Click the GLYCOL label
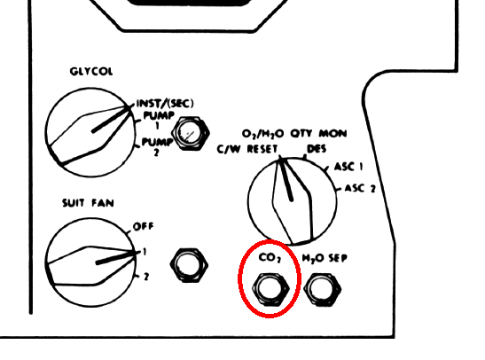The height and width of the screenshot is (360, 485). pos(91,72)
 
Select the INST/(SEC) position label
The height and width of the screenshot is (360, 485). pos(165,103)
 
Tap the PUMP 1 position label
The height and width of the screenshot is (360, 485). pos(158,120)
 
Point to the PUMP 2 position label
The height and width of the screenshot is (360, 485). pos(157,146)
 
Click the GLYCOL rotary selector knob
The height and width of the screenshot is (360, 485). pos(90,132)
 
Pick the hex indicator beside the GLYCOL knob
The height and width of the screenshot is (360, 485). pos(190,134)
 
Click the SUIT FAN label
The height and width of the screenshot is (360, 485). pos(88,203)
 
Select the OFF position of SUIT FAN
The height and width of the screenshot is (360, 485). pos(144,226)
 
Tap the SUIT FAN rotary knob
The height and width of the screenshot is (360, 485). pos(90,262)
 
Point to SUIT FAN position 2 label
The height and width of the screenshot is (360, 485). pos(146,277)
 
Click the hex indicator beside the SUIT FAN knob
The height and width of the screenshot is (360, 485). pos(189,265)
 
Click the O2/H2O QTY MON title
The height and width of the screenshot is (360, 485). pos(294,134)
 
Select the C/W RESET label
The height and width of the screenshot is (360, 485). pos(247,149)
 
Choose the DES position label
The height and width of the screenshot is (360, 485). pos(317,149)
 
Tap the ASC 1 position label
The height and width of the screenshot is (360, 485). pos(348,167)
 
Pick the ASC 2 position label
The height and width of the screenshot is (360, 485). pos(360,188)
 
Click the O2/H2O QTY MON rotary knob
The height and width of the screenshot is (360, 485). pos(293,201)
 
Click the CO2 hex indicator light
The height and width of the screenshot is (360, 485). pos(270,290)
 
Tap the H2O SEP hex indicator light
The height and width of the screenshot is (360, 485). pos(323,290)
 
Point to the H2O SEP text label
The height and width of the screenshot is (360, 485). pos(325,258)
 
